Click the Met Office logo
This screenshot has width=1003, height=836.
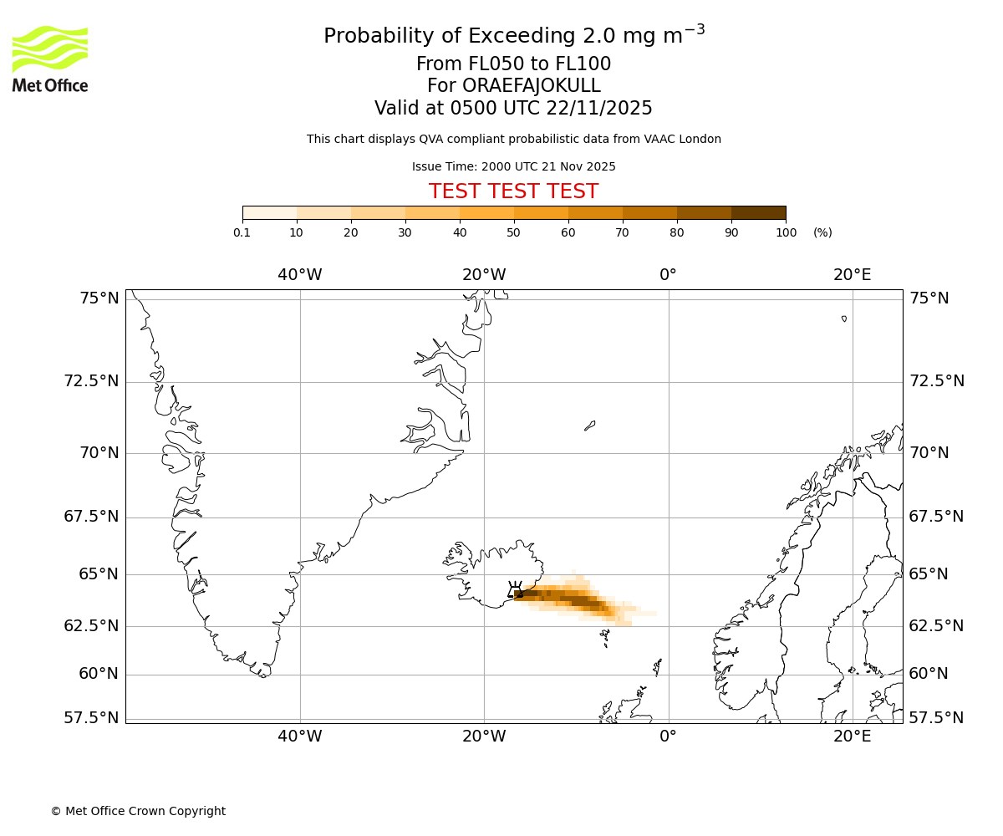click(x=50, y=59)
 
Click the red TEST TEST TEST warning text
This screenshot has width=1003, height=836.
click(x=513, y=191)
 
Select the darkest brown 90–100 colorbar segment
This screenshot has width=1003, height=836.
click(x=758, y=212)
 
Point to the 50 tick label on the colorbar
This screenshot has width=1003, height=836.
click(x=513, y=232)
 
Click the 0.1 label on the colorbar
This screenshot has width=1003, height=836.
click(x=242, y=232)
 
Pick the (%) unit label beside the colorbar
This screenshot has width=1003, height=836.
click(x=822, y=232)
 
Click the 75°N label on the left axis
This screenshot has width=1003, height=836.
click(x=91, y=298)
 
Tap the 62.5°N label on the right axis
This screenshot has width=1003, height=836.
click(x=936, y=626)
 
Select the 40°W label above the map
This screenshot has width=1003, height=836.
click(x=300, y=274)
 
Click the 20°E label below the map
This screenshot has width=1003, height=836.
click(x=852, y=737)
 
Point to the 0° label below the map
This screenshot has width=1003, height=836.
click(x=668, y=737)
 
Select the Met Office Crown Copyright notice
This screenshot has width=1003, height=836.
click(x=138, y=811)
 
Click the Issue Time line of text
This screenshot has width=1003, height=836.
click(x=513, y=166)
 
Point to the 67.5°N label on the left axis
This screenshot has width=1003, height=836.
click(x=91, y=517)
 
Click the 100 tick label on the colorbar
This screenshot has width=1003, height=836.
click(x=786, y=232)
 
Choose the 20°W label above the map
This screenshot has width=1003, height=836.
click(x=484, y=274)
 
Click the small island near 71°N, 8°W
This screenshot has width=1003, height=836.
click(x=589, y=426)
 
